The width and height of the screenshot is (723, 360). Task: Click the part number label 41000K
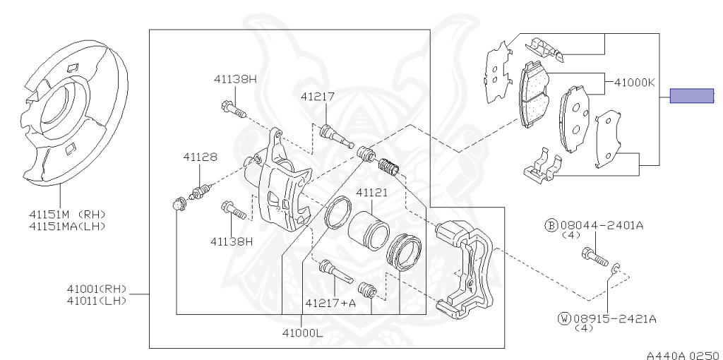click(634, 83)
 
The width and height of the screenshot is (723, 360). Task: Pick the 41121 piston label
click(371, 192)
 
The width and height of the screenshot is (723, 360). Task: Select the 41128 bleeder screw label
click(201, 157)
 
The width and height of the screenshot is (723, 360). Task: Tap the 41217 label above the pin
click(317, 97)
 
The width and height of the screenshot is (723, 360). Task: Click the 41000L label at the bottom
click(301, 332)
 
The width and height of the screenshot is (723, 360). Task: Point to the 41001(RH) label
click(96, 289)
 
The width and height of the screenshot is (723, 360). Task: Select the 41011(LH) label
click(96, 300)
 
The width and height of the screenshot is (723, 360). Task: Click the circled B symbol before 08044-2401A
click(551, 225)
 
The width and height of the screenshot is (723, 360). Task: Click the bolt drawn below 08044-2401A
click(594, 256)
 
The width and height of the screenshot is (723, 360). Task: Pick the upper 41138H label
click(235, 79)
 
